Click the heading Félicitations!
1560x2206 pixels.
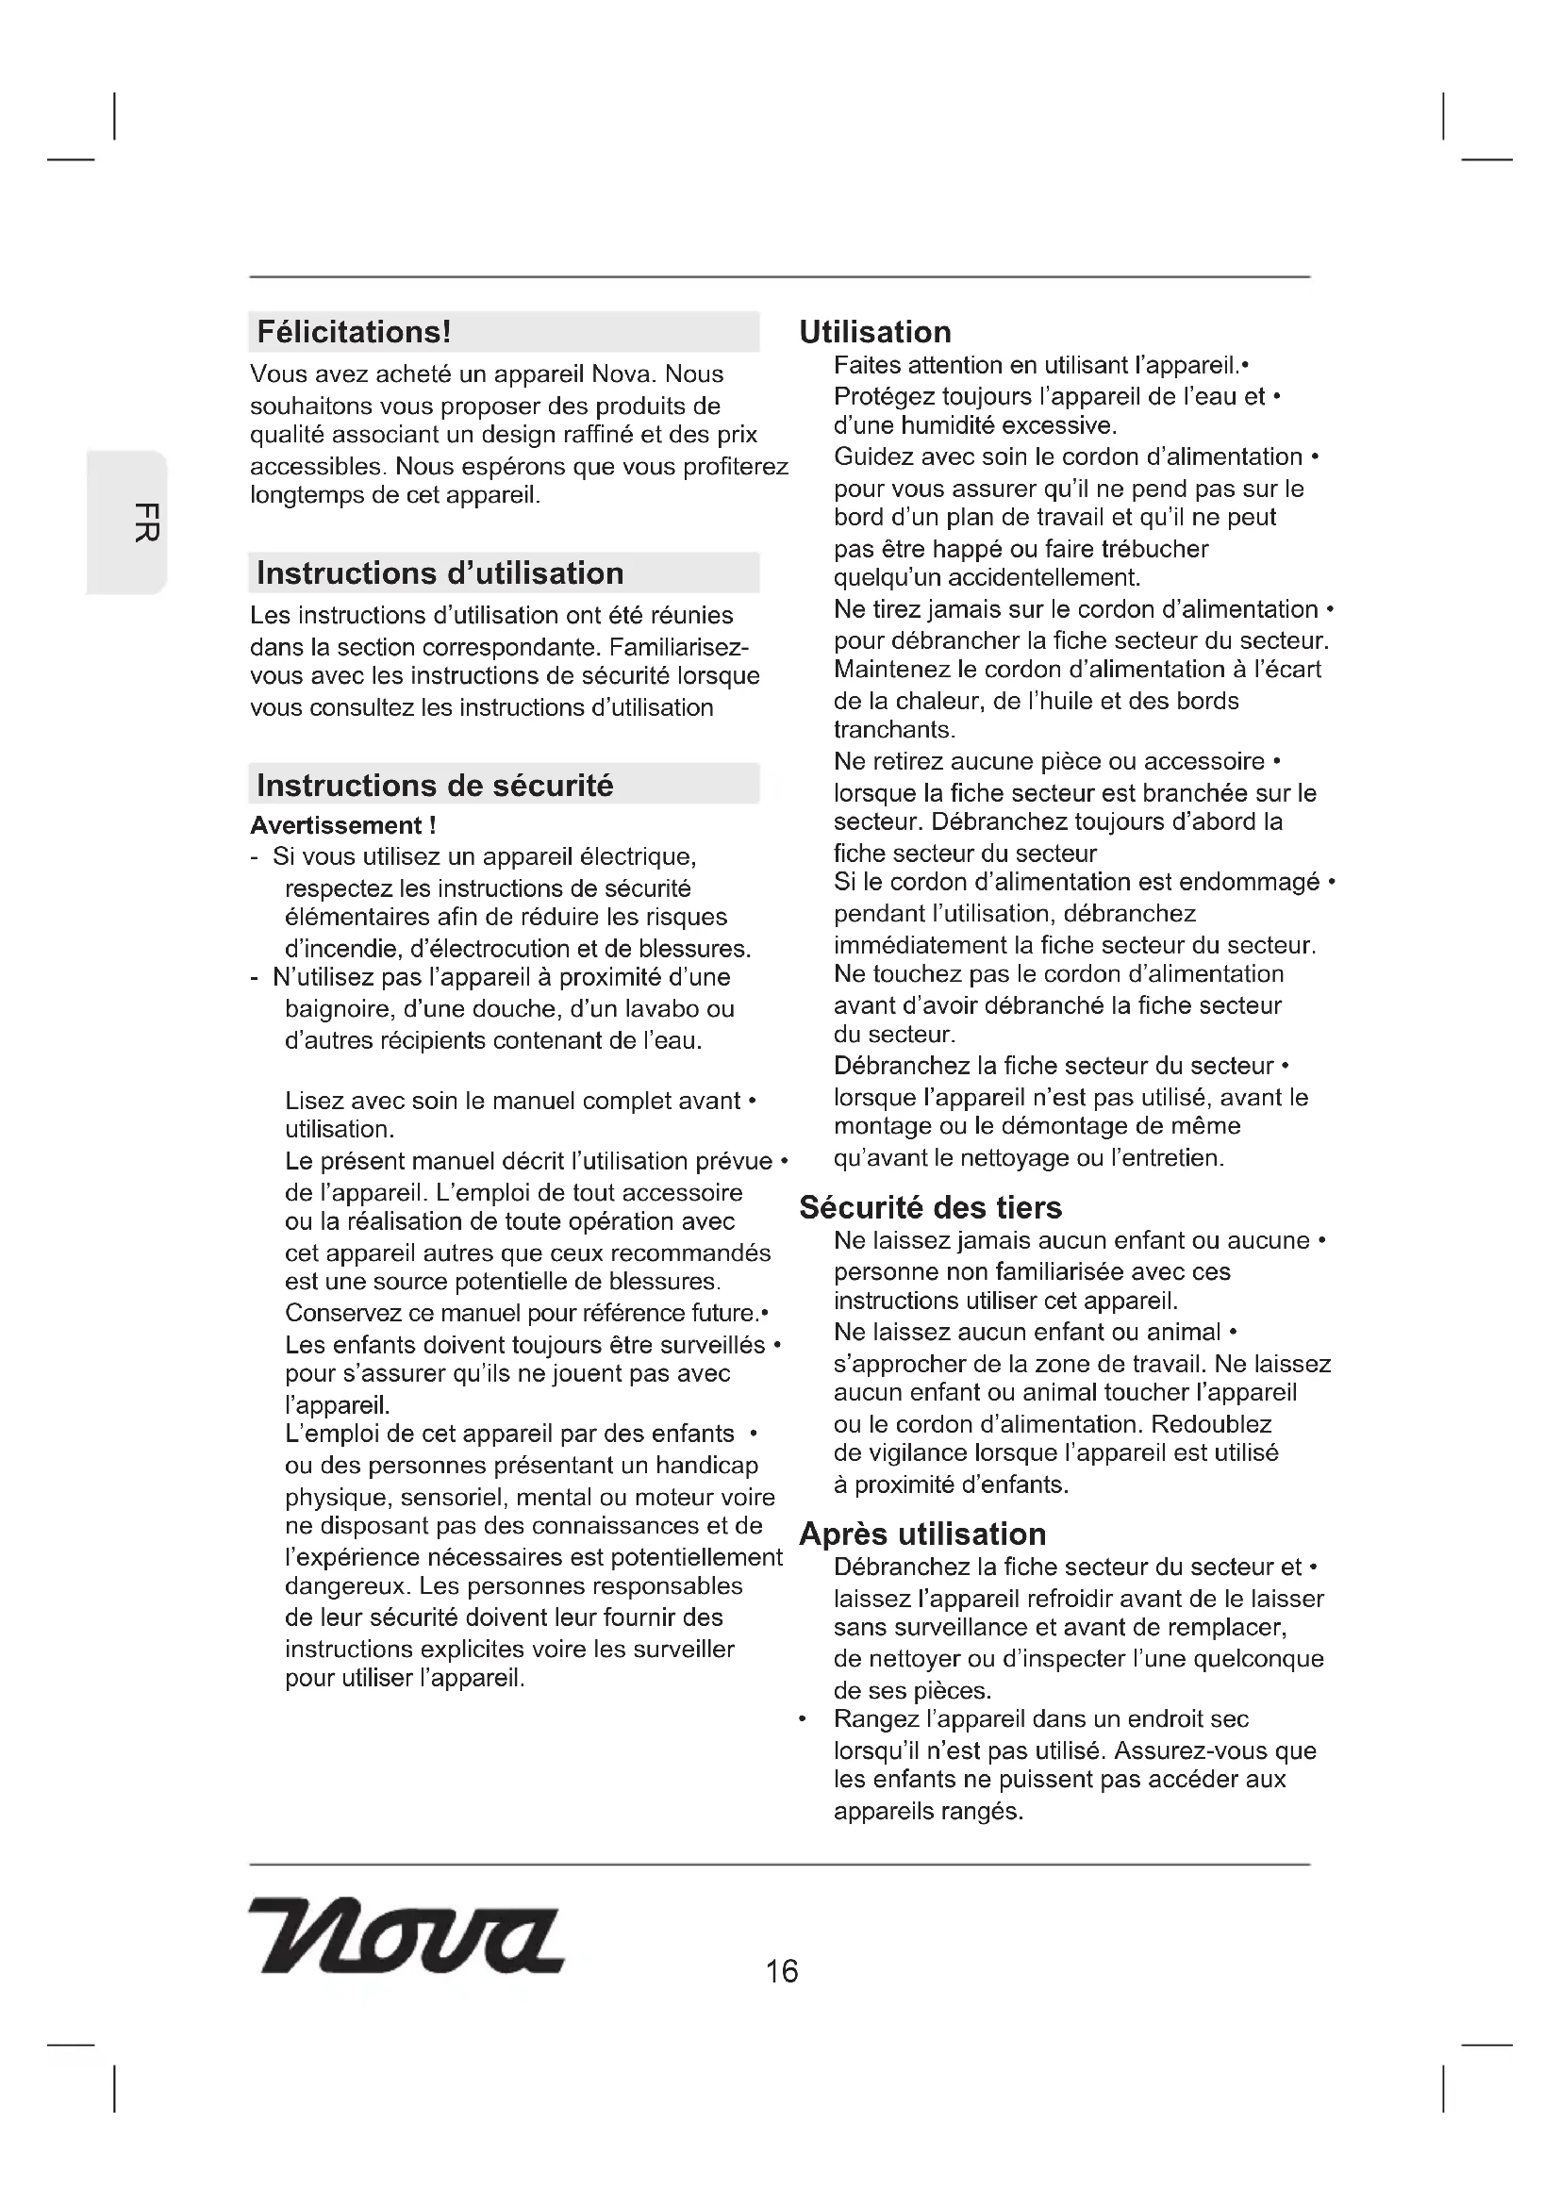click(x=354, y=332)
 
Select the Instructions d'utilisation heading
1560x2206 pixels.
click(x=440, y=573)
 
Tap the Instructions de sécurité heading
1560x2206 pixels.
click(x=434, y=786)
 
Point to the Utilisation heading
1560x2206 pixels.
click(x=875, y=332)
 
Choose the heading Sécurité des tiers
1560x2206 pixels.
click(x=930, y=1208)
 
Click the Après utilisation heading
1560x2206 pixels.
click(x=922, y=1534)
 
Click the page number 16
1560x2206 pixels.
click(x=782, y=1971)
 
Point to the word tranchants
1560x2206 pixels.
click(x=893, y=730)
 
